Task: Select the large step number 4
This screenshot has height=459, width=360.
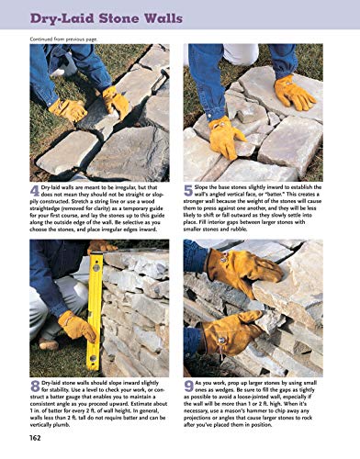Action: point(35,191)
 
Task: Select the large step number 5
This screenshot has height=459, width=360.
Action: point(189,191)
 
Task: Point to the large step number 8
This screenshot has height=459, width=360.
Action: point(35,386)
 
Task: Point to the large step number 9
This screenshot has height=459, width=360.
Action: point(189,386)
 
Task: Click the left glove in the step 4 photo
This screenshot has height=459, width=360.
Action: point(68,109)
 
